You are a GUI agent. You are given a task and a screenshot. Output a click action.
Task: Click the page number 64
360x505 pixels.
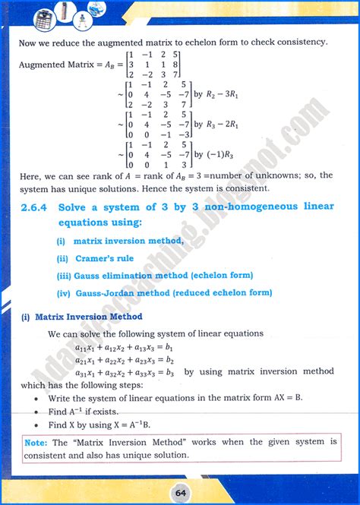click(x=179, y=492)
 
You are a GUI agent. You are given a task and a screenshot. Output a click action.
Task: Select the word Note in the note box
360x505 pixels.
click(x=35, y=441)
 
